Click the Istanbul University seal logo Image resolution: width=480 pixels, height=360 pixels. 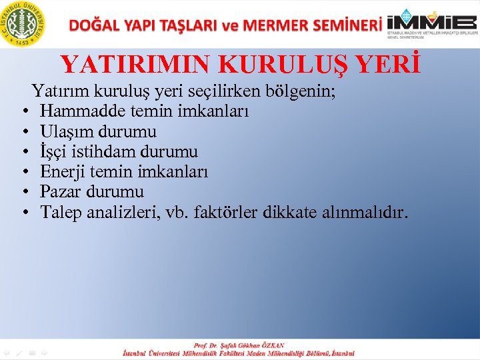pyautogui.click(x=24, y=24)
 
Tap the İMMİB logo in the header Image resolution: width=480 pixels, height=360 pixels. pyautogui.click(x=433, y=24)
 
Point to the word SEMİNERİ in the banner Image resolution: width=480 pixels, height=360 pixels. pyautogui.click(x=345, y=25)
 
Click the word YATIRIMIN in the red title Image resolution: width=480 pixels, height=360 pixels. pyautogui.click(x=136, y=65)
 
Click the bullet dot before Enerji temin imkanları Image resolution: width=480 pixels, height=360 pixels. pyautogui.click(x=24, y=173)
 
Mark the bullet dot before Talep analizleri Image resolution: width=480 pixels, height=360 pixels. pyautogui.click(x=24, y=214)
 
